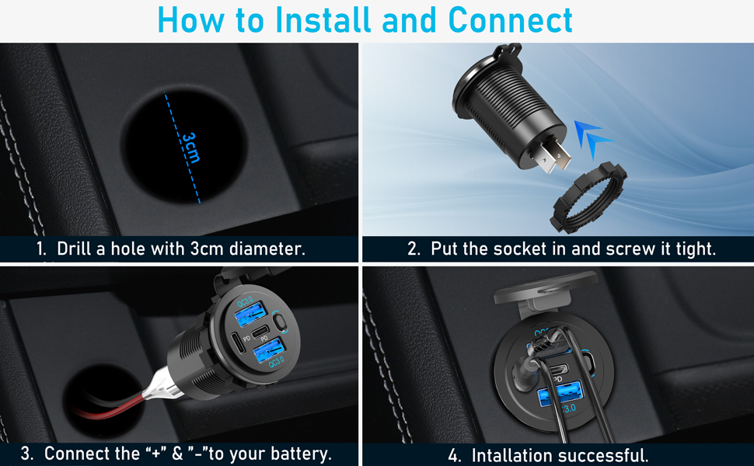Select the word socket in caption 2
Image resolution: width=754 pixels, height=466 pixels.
(x=516, y=249)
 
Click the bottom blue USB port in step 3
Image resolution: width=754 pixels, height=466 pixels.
(x=274, y=347)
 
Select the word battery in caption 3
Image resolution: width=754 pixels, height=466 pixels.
(x=299, y=454)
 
